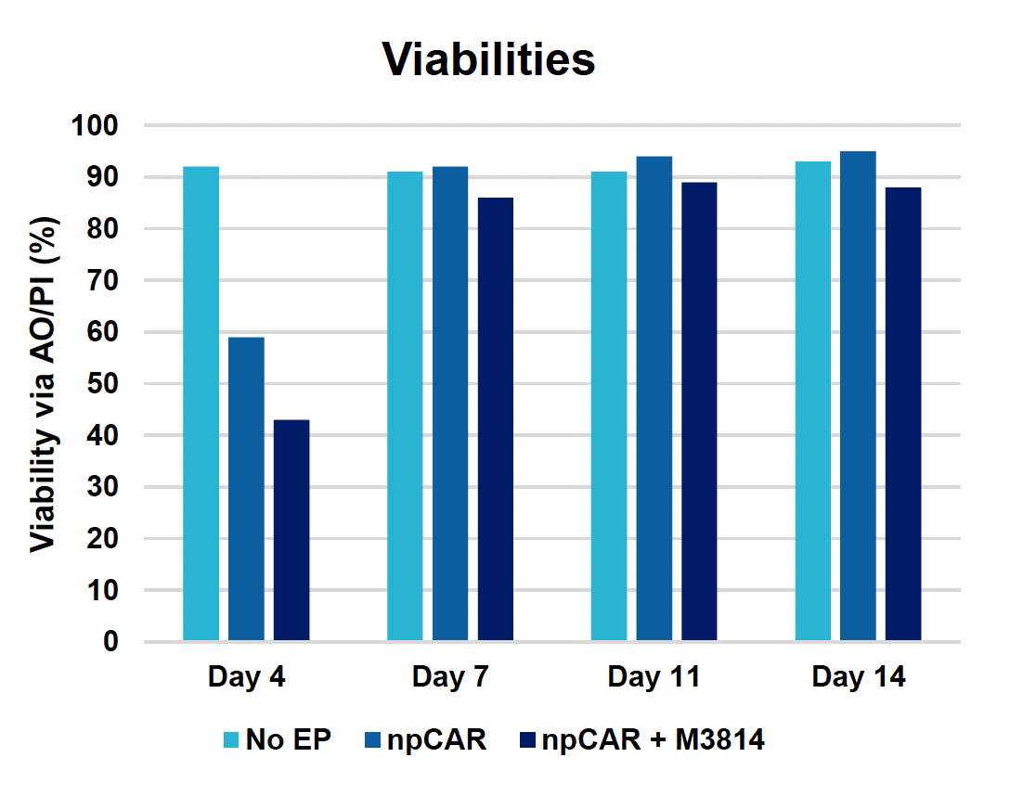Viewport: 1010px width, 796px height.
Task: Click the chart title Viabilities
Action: (488, 59)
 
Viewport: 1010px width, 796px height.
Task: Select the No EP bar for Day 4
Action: (201, 404)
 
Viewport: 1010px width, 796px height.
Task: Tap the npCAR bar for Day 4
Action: (246, 489)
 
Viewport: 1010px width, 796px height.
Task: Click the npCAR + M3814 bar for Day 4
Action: (291, 530)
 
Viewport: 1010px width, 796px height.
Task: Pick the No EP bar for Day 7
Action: (405, 406)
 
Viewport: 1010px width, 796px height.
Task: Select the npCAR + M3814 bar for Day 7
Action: (496, 419)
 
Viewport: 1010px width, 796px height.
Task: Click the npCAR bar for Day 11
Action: (654, 399)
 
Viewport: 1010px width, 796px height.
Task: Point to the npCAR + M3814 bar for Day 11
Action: (699, 411)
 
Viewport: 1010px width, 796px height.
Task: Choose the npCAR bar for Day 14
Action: (858, 396)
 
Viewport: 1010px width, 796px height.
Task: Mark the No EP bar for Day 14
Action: (812, 401)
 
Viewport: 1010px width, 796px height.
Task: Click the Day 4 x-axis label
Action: (246, 677)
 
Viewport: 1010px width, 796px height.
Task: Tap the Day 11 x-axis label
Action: (654, 677)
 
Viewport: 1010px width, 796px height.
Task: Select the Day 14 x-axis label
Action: (858, 677)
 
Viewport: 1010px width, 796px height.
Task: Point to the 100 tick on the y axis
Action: (98, 125)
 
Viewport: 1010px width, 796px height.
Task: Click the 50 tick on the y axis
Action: (107, 383)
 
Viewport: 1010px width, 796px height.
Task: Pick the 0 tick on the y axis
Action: (112, 641)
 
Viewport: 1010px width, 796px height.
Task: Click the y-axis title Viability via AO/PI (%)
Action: (42, 384)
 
